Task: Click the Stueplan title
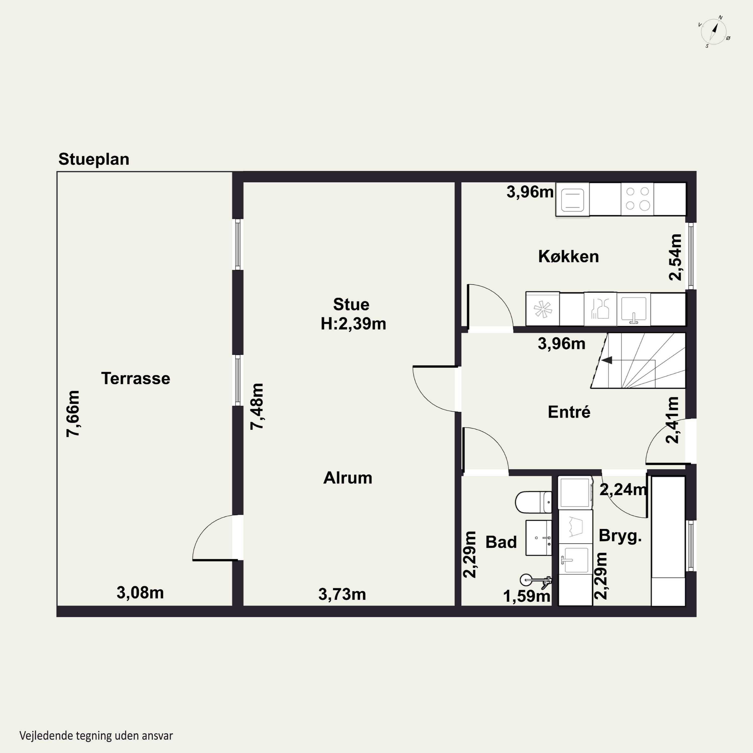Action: point(94,159)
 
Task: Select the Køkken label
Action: point(568,257)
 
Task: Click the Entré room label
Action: point(569,412)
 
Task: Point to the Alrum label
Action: point(348,478)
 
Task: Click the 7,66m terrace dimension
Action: point(73,414)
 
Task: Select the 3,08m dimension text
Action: point(140,593)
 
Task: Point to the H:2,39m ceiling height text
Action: point(353,324)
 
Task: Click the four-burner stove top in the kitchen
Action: point(637,199)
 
